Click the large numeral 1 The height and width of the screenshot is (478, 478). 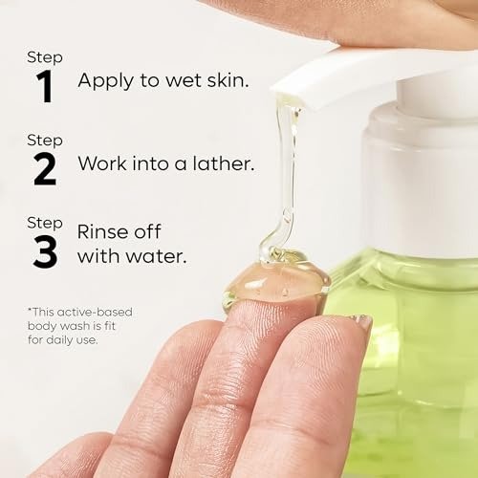click(45, 86)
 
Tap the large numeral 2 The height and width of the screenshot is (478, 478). click(45, 169)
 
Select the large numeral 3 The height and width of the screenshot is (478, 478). click(45, 252)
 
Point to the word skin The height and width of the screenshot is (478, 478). click(228, 79)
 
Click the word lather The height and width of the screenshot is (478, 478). click(224, 163)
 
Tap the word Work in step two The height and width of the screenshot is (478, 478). click(102, 163)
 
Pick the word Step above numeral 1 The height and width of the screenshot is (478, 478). click(45, 58)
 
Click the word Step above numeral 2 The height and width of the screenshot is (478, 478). click(45, 141)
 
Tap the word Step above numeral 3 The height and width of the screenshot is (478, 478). click(45, 224)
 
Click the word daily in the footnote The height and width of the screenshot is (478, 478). click(60, 340)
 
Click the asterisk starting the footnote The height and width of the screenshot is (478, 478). click(30, 310)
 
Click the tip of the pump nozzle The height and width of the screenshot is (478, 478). click(288, 98)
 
